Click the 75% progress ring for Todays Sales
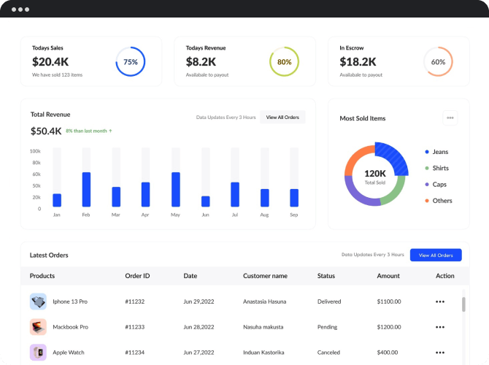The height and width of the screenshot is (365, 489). tap(131, 62)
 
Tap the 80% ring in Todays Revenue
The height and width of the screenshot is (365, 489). tap(284, 62)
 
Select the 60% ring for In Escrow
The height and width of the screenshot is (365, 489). tap(438, 62)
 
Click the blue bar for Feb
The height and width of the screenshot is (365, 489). tap(86, 189)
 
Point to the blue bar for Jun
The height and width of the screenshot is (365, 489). tap(205, 201)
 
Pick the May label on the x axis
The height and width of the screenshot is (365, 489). tap(175, 215)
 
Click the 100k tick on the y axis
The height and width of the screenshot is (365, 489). tap(35, 151)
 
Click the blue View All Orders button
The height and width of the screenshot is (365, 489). tap(436, 255)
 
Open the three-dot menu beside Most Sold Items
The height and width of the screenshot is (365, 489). tap(450, 118)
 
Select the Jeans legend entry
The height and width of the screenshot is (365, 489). tap(439, 152)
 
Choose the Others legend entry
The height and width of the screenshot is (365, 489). tap(441, 201)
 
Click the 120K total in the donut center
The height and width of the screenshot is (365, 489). tap(374, 174)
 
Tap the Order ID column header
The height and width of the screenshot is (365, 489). tap(137, 276)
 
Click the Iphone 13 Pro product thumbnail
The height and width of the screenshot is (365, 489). tap(38, 301)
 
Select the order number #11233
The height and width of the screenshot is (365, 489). tap(134, 327)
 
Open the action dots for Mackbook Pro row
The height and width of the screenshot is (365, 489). tap(439, 327)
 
